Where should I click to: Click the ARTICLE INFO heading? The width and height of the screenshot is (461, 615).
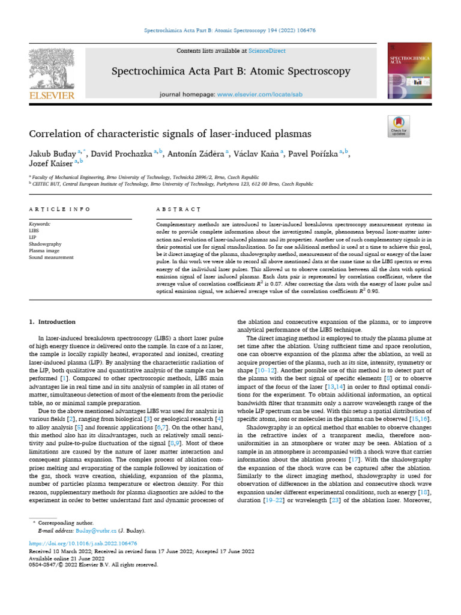[59, 209]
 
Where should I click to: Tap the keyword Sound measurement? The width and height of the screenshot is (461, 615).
[52, 257]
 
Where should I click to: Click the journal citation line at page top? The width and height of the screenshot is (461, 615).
[230, 29]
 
